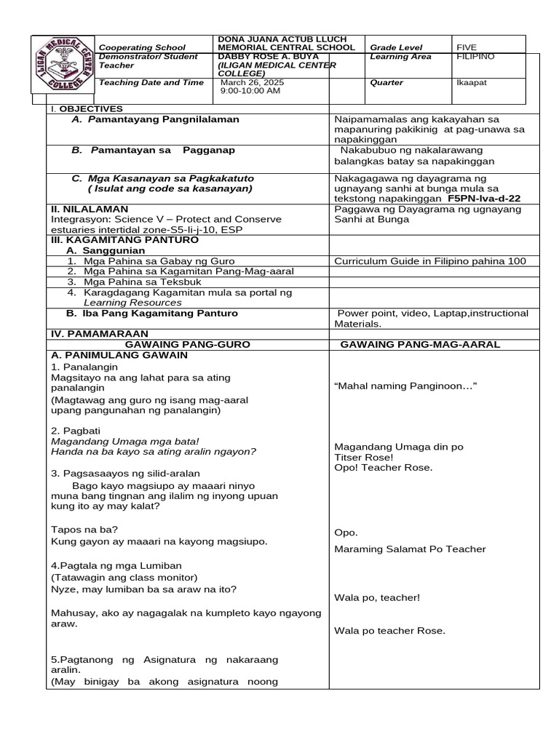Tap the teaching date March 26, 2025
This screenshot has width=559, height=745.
click(253, 82)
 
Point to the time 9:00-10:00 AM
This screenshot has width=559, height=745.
click(250, 91)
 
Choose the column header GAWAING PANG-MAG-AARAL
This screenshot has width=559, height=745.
click(429, 343)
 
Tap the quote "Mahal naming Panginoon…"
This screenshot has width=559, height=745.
click(405, 386)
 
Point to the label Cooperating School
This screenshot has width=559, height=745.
click(142, 47)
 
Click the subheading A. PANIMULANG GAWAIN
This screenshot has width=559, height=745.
click(119, 355)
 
